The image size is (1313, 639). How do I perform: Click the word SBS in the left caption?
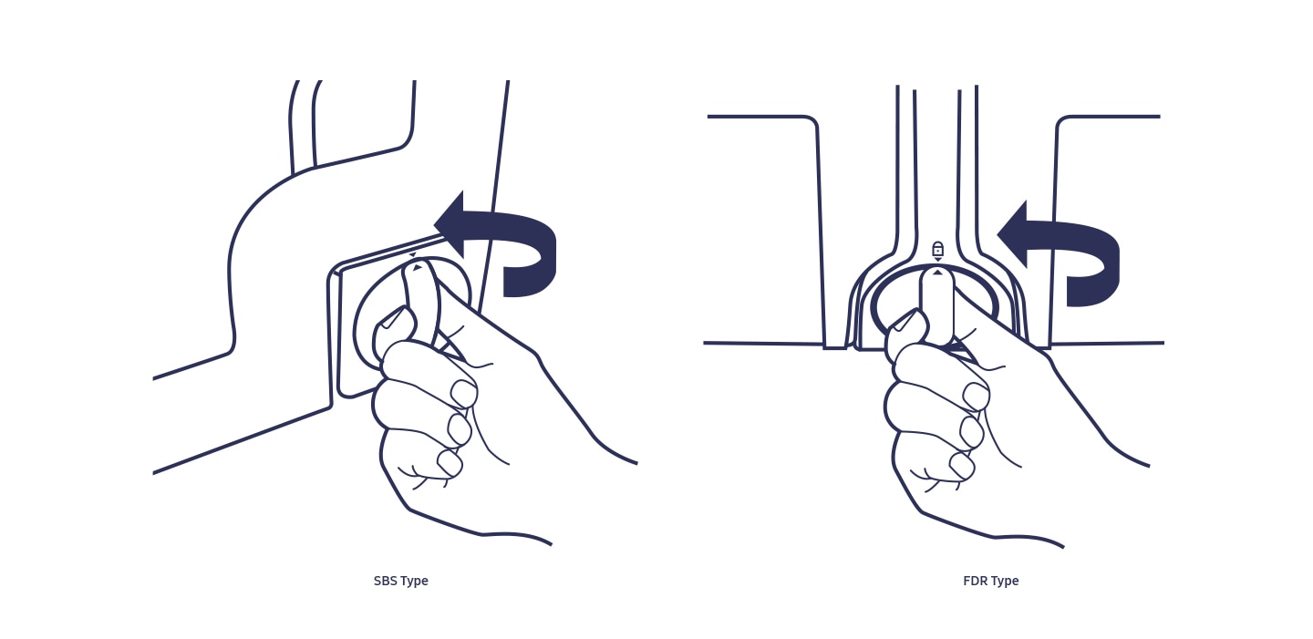coord(385,581)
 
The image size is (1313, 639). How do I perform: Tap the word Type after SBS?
coord(414,582)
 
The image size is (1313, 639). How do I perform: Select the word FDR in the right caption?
coord(975,581)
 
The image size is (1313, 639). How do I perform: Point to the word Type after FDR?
coord(1005,582)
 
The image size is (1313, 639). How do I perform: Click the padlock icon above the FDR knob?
coord(938,248)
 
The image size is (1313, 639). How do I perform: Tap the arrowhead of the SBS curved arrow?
coord(450,224)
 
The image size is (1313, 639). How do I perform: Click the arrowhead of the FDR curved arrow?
coord(1013,234)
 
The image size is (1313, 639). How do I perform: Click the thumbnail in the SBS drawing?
coord(392,318)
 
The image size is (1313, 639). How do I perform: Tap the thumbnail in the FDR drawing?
coord(905,322)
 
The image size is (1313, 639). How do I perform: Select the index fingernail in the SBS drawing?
coord(463,394)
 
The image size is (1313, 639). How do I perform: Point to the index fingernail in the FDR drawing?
coord(976,397)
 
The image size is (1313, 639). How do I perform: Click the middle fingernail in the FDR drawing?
coord(971,431)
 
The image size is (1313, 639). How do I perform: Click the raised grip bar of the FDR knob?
coord(937,304)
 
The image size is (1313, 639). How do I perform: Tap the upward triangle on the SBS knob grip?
coord(417,268)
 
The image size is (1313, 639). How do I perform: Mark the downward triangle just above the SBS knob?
coord(413,255)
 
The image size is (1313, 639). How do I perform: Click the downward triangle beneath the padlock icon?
coord(938,259)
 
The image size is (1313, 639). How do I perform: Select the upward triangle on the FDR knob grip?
coord(938,272)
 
